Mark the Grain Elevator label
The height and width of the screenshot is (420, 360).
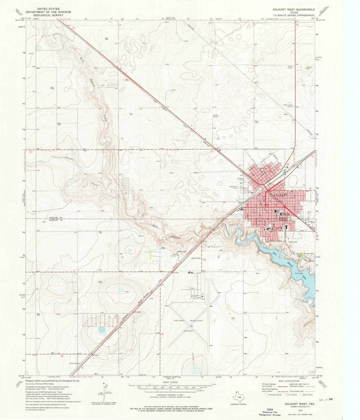pyautogui.click(x=76, y=363)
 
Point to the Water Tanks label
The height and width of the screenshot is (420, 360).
pyautogui.click(x=196, y=258)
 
